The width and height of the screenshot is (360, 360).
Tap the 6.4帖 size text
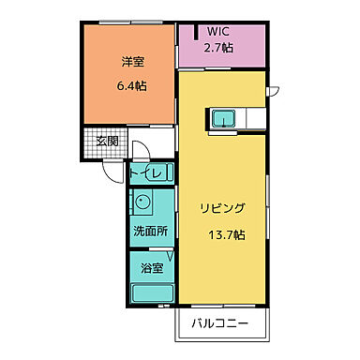[130, 84]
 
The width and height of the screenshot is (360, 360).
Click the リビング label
[222, 208]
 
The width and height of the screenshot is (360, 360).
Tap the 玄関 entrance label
[106, 142]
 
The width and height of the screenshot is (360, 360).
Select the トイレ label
[147, 173]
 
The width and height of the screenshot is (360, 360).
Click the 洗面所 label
[148, 231]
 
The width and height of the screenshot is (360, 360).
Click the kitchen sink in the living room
[223, 117]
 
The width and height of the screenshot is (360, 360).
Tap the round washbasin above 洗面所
[144, 202]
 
